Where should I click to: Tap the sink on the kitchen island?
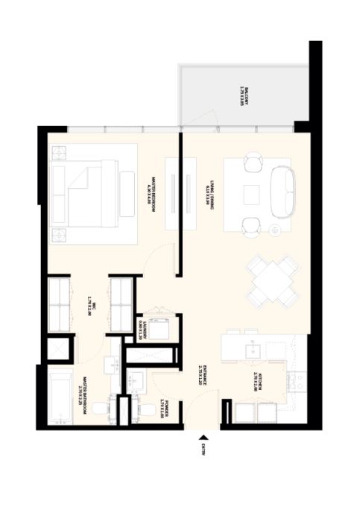253,350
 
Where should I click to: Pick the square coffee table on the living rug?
252,195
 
